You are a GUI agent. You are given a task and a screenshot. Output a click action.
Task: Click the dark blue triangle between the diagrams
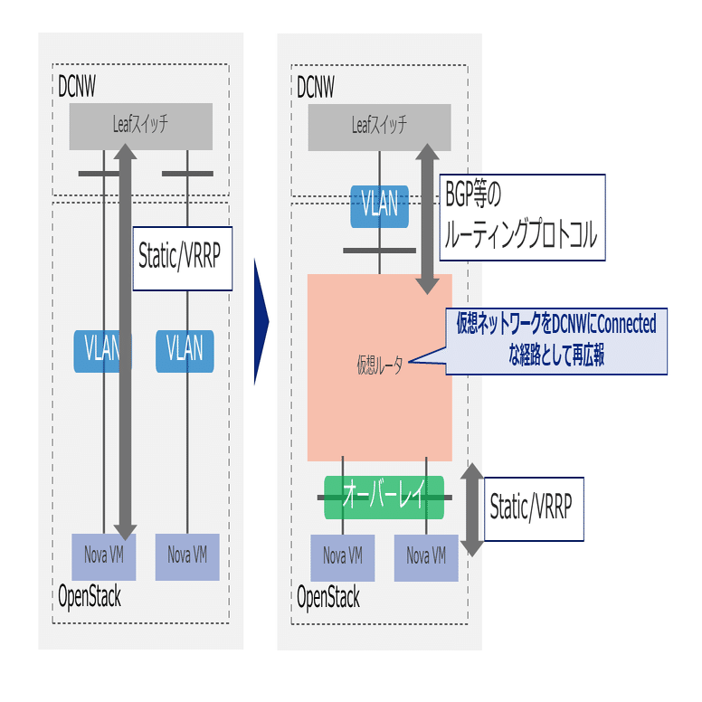261,322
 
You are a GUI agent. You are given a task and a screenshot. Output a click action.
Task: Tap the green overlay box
384,497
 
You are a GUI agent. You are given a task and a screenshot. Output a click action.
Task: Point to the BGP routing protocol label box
521,216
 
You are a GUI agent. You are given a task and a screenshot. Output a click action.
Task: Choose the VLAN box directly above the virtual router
379,205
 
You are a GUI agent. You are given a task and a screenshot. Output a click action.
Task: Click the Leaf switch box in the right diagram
379,127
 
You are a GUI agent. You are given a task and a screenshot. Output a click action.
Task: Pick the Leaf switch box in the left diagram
140,126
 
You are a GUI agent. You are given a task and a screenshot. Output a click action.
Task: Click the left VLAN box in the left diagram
101,349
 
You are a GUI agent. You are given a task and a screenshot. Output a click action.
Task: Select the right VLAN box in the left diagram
185,349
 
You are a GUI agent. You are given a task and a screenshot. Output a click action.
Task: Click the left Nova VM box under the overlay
343,556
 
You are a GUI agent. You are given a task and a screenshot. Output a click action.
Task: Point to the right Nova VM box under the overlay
426,556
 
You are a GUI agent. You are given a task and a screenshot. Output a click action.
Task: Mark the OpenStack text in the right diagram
328,598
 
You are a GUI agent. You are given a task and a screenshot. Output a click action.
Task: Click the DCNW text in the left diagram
76,86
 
